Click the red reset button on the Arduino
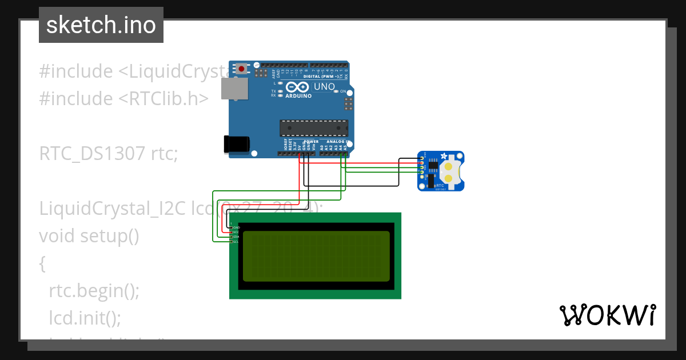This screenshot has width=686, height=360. [242, 69]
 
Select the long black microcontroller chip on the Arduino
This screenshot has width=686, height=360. [313, 129]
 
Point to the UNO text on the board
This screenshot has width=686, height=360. [324, 87]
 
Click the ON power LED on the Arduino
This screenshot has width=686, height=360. [336, 91]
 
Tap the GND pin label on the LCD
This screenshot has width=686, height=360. [236, 227]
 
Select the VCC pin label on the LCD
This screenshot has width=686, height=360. [236, 232]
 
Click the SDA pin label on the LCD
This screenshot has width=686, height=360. [236, 237]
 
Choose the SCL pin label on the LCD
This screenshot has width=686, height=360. [236, 241]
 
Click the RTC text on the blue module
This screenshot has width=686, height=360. [440, 186]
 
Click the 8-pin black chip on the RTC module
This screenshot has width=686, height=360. [433, 166]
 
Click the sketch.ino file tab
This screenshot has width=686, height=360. [101, 25]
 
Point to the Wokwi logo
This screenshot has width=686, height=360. [607, 315]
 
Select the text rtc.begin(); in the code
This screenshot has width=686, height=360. [94, 290]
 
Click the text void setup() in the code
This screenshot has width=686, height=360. [89, 235]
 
